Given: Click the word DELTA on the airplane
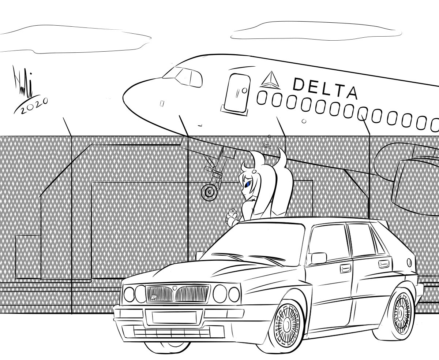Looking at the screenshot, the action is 324,88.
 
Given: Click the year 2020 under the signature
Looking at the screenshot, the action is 32,106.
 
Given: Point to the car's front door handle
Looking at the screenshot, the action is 345,269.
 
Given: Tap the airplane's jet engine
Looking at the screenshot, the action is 413,179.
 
